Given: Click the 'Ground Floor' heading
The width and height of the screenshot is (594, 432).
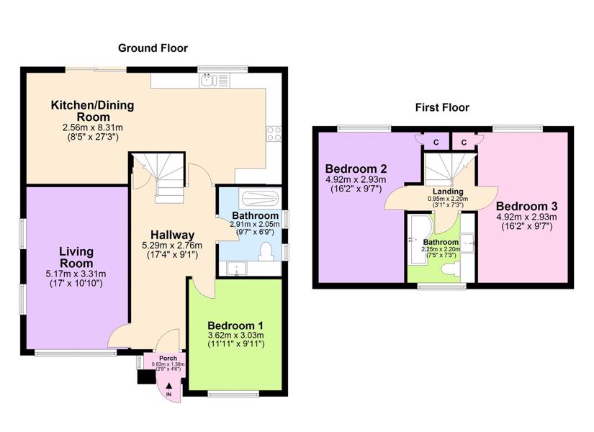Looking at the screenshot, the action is [153, 48].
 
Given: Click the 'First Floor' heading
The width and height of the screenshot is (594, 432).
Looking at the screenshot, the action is [442, 107].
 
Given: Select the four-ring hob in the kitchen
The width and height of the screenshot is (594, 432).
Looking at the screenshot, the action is [274, 133].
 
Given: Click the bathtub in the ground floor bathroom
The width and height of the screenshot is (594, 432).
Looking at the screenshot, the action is [260, 198].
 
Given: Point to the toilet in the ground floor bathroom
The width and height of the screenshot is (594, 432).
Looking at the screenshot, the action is [266, 251].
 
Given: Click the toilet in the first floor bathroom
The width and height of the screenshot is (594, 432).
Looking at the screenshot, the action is [451, 270].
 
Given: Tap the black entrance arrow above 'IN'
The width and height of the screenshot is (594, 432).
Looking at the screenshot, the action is [168, 386].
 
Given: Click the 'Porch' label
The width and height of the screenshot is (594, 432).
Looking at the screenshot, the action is [168, 358].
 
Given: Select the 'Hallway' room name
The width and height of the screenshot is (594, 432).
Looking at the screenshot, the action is [172, 235].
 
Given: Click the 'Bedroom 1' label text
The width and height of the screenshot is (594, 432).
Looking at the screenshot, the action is [235, 325].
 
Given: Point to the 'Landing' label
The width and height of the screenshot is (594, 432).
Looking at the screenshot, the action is [448, 192].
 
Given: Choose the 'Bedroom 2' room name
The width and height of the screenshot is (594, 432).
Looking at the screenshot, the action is [356, 168].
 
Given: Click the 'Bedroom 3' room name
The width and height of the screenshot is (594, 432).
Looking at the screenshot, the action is [526, 207].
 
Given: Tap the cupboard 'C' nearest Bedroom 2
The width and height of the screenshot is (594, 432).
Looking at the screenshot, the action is [436, 143].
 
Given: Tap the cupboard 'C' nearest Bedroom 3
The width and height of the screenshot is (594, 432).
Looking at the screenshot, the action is [464, 143].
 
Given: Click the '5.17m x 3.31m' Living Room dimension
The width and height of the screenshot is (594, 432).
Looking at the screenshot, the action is [76, 274].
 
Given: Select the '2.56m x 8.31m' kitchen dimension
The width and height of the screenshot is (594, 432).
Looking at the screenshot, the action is [92, 127].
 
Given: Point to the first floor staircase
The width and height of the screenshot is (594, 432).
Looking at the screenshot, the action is [449, 168].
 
